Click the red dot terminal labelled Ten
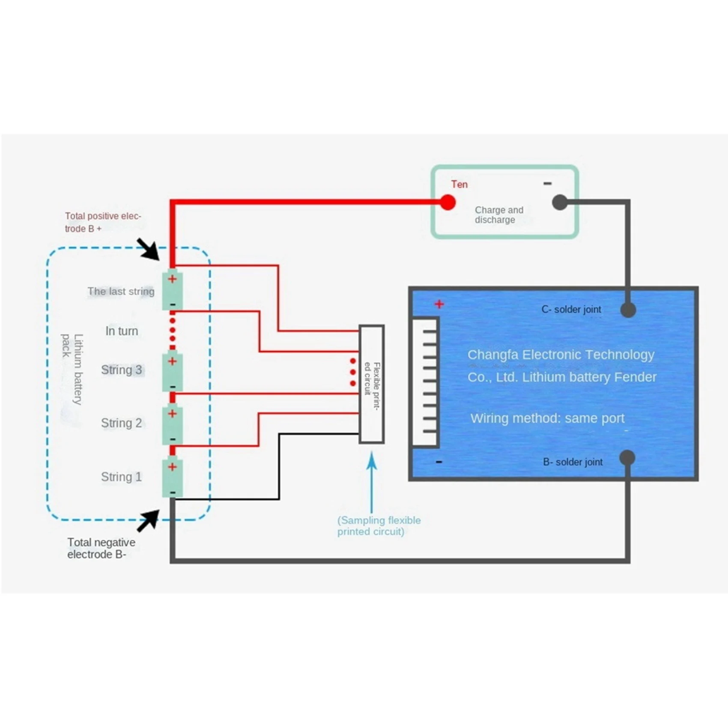pyautogui.click(x=448, y=202)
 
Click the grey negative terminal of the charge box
pyautogui.click(x=560, y=202)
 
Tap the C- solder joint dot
pyautogui.click(x=628, y=310)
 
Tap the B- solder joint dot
pyautogui.click(x=627, y=458)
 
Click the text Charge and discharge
pyautogui.click(x=498, y=215)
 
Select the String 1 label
pyautogui.click(x=121, y=477)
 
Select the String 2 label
pyautogui.click(x=121, y=423)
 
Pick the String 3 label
pyautogui.click(x=121, y=370)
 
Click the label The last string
pyautogui.click(x=121, y=292)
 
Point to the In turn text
pyautogui.click(x=122, y=331)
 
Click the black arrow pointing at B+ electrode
pyautogui.click(x=148, y=250)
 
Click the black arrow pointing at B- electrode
pyautogui.click(x=148, y=520)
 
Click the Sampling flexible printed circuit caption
pyautogui.click(x=379, y=526)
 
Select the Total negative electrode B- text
pyautogui.click(x=101, y=548)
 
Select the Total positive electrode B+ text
pyautogui.click(x=103, y=222)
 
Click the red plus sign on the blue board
pyautogui.click(x=439, y=304)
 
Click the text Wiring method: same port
pyautogui.click(x=547, y=418)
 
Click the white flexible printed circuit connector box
pyautogui.click(x=371, y=384)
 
